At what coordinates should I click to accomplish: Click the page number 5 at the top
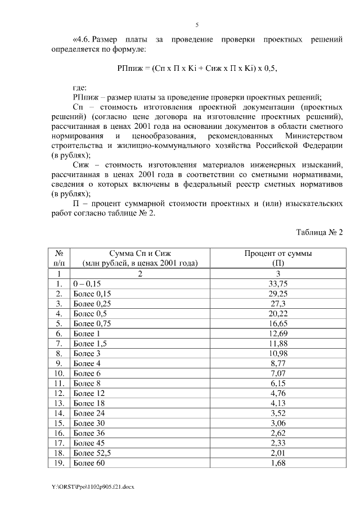pos(197,25)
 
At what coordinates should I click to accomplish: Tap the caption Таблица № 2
pos(319,232)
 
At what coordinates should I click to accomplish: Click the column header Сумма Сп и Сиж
pos(139,254)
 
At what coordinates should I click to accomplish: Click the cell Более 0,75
pos(92,324)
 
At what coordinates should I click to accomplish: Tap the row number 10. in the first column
pos(59,373)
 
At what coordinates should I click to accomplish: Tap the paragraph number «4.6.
pos(82,40)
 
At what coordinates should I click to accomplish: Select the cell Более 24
pos(89,413)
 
